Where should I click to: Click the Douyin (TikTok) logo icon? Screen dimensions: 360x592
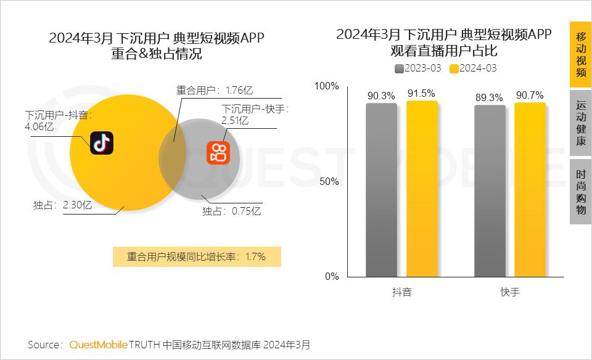click(x=102, y=143)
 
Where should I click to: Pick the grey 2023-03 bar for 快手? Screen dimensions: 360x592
click(x=490, y=191)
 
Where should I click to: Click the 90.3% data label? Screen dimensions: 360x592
click(x=381, y=96)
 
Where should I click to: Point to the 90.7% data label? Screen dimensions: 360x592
click(x=530, y=95)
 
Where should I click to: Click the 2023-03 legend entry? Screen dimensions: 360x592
click(x=419, y=68)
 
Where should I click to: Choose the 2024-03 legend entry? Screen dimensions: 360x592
click(x=473, y=68)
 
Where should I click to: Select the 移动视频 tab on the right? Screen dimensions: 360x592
click(x=580, y=55)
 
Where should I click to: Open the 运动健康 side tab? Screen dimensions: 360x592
click(x=580, y=123)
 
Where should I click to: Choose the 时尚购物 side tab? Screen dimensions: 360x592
click(x=580, y=192)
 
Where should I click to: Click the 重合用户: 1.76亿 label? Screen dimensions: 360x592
click(x=214, y=90)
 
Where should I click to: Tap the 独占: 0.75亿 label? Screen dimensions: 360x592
click(x=232, y=211)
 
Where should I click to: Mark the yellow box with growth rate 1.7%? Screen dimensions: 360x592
click(x=197, y=256)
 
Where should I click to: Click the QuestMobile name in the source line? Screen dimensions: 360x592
click(x=98, y=344)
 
